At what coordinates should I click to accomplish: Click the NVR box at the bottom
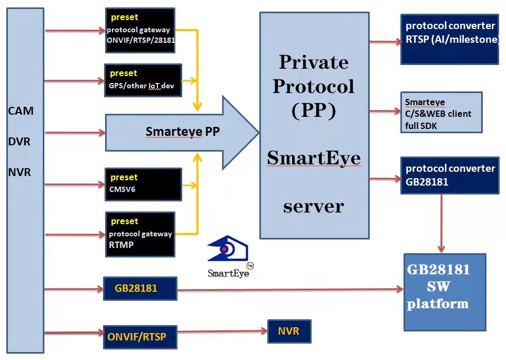pyautogui.click(x=289, y=331)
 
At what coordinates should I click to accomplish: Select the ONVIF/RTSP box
pyautogui.click(x=140, y=337)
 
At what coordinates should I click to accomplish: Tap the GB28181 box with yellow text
pyautogui.click(x=140, y=288)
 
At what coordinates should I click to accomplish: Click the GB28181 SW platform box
pyautogui.click(x=445, y=292)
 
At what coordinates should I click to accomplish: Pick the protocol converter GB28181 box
pyautogui.click(x=450, y=176)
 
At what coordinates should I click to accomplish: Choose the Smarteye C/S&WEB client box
pyautogui.click(x=441, y=113)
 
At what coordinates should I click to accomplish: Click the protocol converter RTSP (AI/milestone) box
pyautogui.click(x=449, y=40)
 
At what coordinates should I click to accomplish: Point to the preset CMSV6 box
pyautogui.click(x=143, y=184)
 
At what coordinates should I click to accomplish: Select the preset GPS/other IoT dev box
pyautogui.click(x=143, y=80)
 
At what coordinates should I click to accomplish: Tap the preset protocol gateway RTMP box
pyautogui.click(x=140, y=234)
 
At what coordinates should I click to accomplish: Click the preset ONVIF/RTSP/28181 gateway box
pyautogui.click(x=140, y=30)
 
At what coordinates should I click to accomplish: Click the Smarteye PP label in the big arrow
pyautogui.click(x=182, y=132)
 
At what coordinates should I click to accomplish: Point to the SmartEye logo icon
pyautogui.click(x=228, y=248)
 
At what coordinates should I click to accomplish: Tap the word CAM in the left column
pyautogui.click(x=21, y=110)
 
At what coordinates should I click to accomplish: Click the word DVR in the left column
pyautogui.click(x=20, y=142)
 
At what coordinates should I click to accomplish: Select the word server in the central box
pyautogui.click(x=314, y=207)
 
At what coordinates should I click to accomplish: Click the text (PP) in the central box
pyautogui.click(x=314, y=110)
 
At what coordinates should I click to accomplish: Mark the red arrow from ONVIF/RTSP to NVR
pyautogui.click(x=222, y=331)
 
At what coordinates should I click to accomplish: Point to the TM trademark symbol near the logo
pyautogui.click(x=250, y=266)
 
